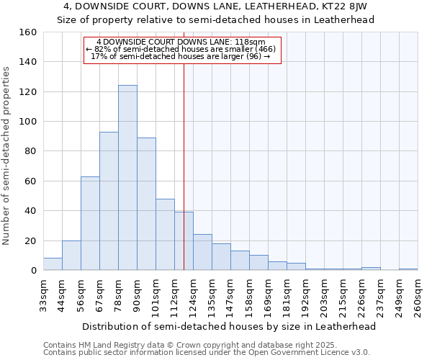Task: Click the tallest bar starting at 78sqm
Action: coord(127,178)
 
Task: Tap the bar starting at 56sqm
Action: coord(90,223)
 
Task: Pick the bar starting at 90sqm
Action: coord(146,204)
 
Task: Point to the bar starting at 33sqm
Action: coord(53,264)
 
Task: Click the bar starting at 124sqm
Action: coord(202,253)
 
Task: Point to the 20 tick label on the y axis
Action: coord(30,241)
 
